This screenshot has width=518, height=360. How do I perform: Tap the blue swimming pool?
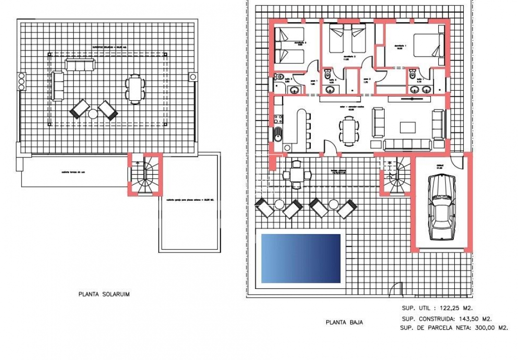301,258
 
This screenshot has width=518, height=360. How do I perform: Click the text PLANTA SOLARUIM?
104,294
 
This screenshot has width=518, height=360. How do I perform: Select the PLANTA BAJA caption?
344,323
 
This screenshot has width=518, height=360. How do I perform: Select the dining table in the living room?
349,130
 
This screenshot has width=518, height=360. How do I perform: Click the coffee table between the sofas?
408,127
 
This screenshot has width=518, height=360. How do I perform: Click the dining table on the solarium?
135,88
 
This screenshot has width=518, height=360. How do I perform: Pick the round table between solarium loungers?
93,114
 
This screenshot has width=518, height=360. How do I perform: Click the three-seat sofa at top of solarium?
80,64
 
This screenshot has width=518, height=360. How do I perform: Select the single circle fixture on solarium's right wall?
193,77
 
